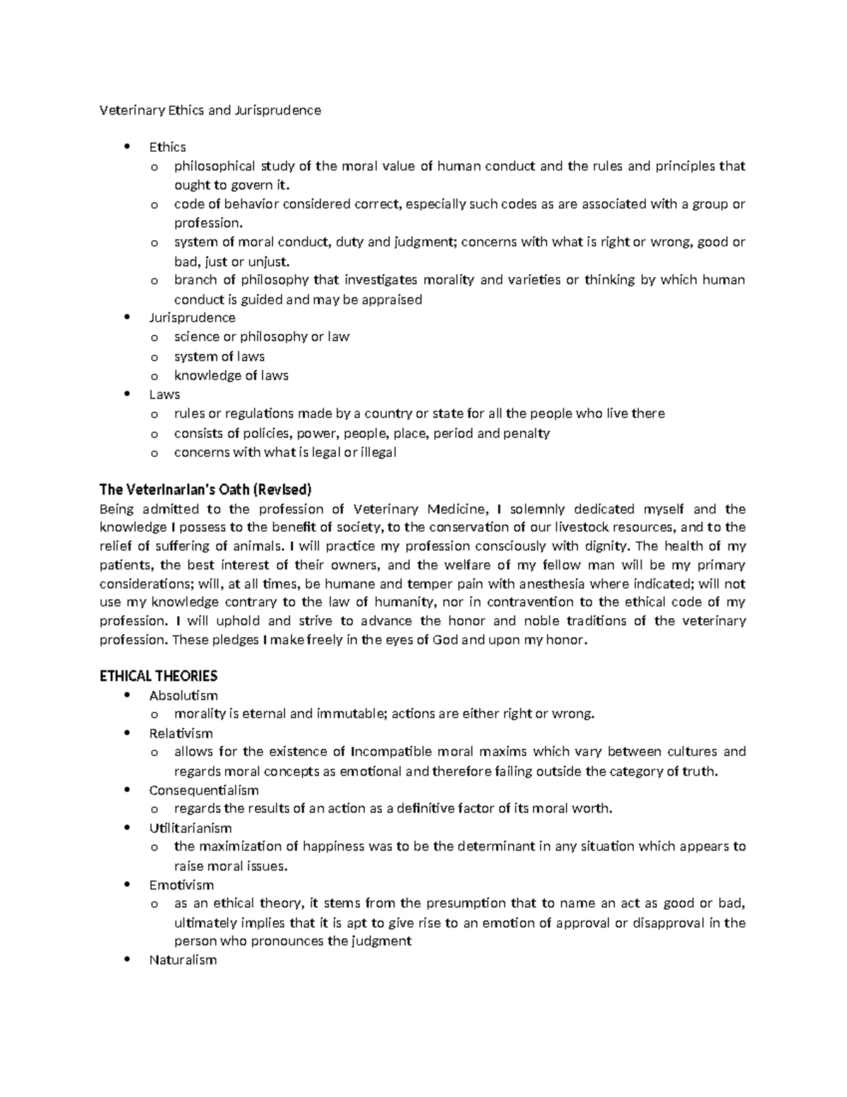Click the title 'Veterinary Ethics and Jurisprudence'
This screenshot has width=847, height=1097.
coord(210,110)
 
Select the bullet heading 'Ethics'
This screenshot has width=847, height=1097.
coord(167,147)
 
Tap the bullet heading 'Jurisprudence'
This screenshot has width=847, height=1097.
coord(192,318)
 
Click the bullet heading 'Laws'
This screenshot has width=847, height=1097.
coord(164,394)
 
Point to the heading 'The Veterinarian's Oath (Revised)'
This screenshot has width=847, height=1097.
coord(205,490)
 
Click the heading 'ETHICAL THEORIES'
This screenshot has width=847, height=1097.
coord(159,676)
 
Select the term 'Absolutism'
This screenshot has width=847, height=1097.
coord(184,696)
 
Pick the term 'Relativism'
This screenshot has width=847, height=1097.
coord(181,733)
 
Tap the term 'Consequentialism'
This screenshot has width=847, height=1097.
coord(204,790)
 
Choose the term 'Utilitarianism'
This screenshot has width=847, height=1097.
coord(191,828)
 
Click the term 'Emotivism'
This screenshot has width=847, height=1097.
coord(181,884)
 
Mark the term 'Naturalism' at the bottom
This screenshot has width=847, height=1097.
coord(183,960)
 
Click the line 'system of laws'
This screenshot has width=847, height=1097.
coord(220,357)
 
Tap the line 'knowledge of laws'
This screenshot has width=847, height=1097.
coord(232,376)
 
